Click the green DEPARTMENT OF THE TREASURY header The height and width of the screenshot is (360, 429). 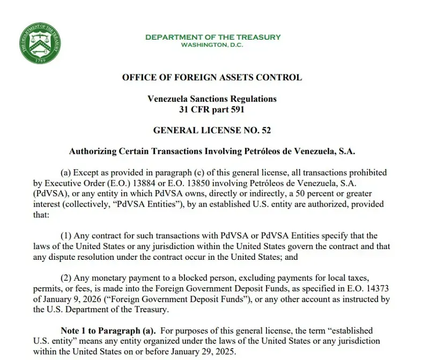coord(212,37)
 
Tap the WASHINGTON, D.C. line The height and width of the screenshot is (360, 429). coord(212,44)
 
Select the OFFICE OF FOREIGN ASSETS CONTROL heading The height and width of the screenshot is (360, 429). coord(212,78)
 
